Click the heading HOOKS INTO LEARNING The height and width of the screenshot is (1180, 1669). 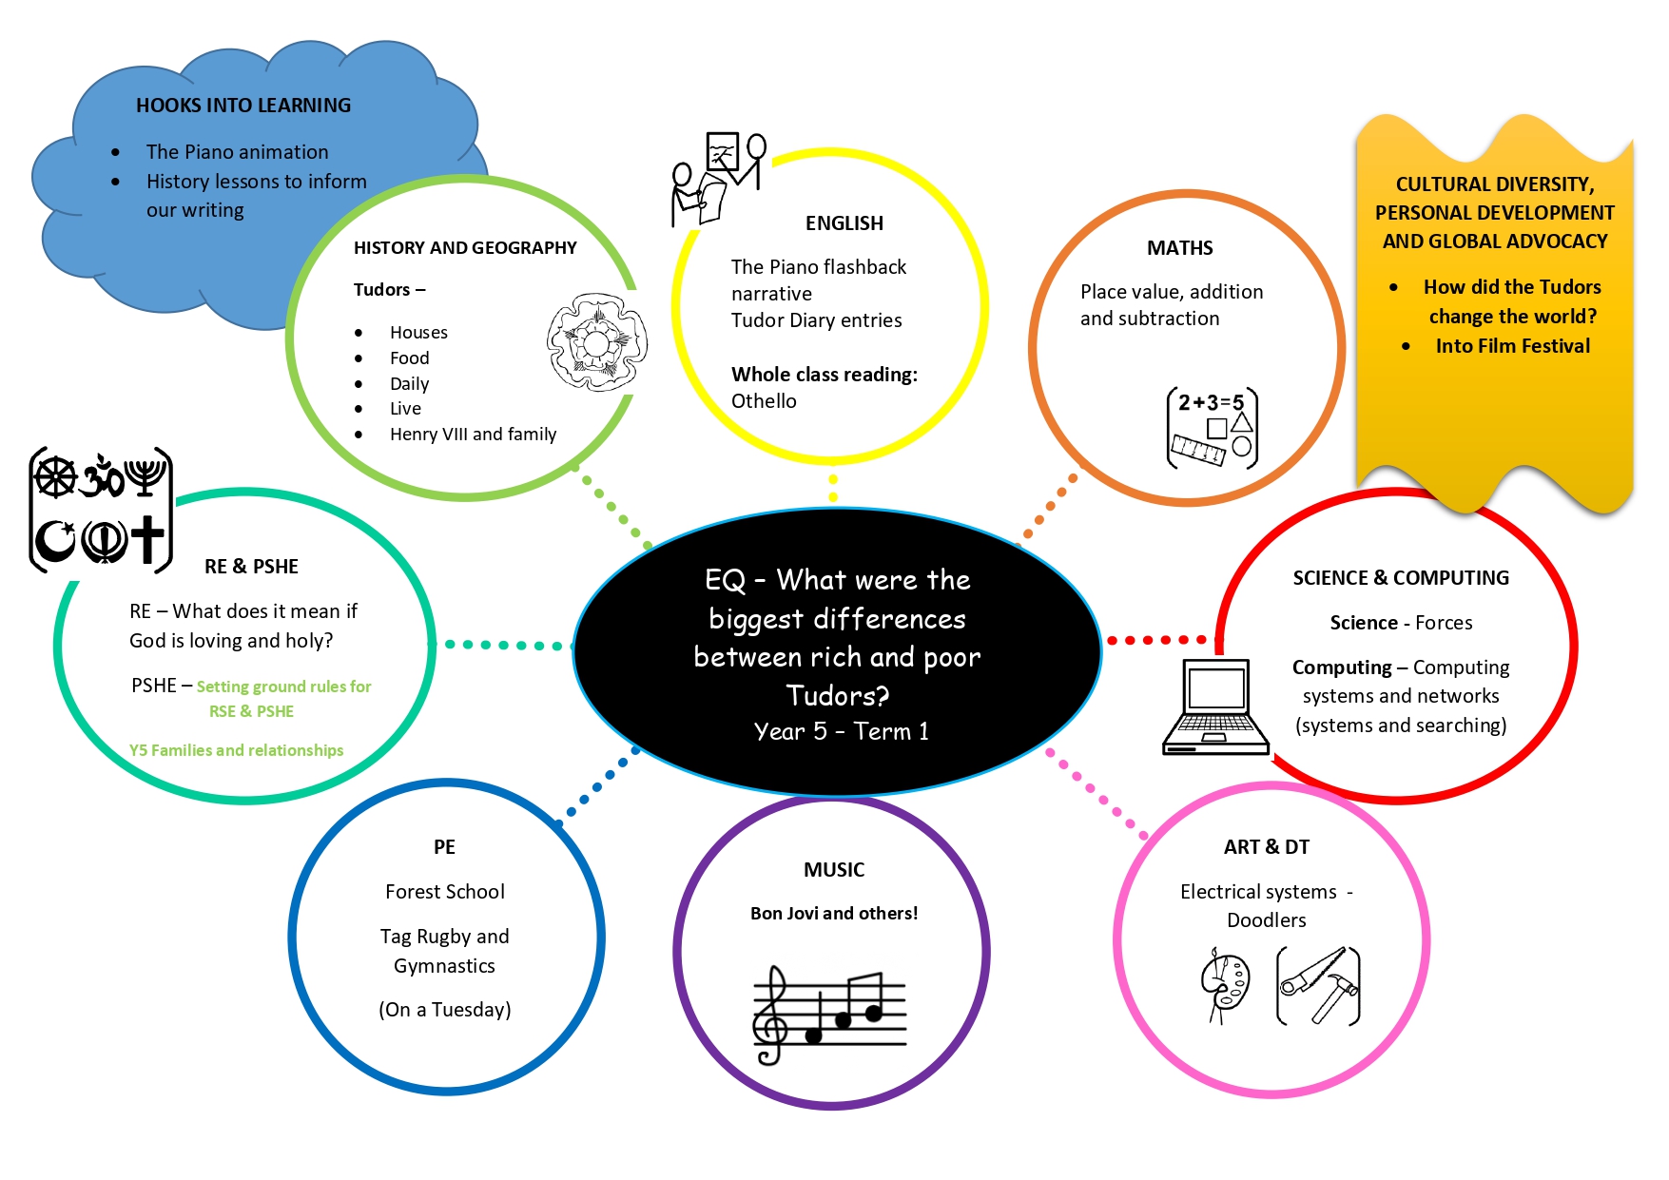243,106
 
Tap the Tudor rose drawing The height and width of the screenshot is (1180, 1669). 597,342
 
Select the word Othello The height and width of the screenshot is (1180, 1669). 764,401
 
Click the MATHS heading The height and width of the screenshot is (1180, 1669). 1179,248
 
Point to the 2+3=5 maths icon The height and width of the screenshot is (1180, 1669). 1213,428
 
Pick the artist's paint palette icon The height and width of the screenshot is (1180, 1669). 1226,984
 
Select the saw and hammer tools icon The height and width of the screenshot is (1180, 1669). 1318,985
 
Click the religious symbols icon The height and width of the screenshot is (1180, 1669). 102,510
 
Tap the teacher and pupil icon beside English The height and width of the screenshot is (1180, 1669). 718,179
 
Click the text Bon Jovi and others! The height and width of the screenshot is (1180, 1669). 834,914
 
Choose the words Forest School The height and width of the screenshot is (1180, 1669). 445,892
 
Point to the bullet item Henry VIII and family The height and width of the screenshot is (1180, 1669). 473,435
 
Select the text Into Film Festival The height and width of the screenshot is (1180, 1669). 1512,346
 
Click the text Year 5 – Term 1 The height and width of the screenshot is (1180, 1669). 842,731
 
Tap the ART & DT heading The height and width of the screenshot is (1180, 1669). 1267,847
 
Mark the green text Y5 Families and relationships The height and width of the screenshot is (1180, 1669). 237,750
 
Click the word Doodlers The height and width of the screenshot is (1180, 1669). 1267,920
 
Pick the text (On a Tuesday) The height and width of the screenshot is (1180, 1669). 445,1010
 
